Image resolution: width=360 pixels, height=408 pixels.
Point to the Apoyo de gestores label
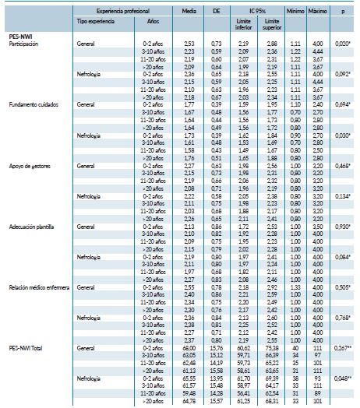point(27,165)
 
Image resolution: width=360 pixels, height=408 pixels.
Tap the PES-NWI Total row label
point(26,348)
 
